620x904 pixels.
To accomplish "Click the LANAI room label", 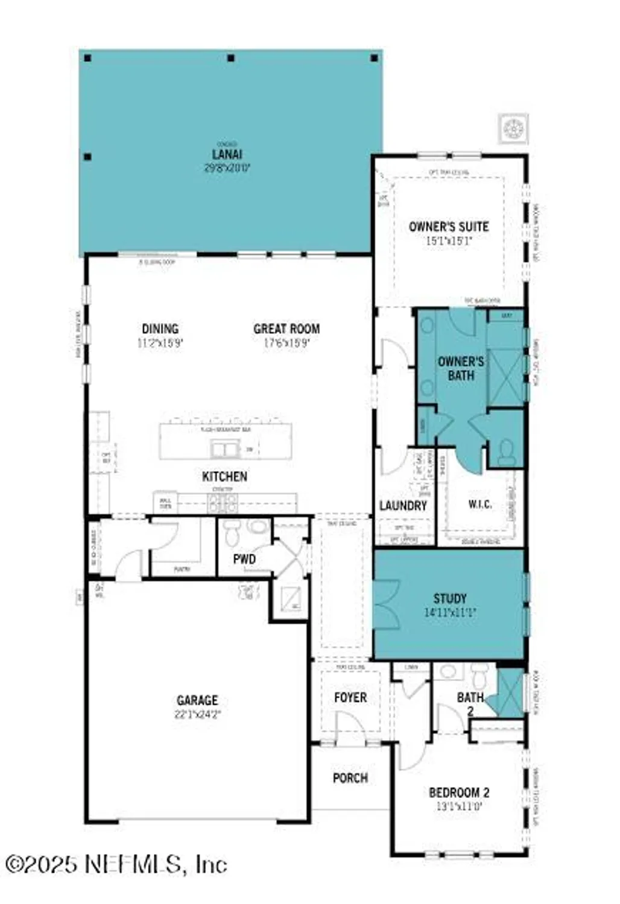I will (x=227, y=154).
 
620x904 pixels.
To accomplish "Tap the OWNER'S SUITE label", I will (x=449, y=227).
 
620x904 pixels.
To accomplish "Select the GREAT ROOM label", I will (x=286, y=328).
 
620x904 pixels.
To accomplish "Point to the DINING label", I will (x=160, y=328).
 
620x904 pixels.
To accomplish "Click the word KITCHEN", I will (x=224, y=476).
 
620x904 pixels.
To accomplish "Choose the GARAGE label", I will (x=197, y=700).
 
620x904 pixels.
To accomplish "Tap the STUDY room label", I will (x=450, y=598).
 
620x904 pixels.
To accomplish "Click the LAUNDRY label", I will (x=403, y=506).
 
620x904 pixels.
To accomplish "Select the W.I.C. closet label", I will (x=479, y=504).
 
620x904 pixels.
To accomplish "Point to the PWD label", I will (x=244, y=559).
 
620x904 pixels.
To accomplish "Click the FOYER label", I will (x=350, y=697).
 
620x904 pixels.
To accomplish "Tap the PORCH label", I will (x=350, y=778).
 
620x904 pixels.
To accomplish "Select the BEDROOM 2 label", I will (x=459, y=793).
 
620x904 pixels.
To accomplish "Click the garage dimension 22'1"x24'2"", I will (x=197, y=715).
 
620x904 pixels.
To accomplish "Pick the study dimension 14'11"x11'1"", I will (x=450, y=612).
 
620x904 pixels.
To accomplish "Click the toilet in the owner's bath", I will (x=507, y=451).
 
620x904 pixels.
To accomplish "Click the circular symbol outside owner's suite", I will (x=514, y=128).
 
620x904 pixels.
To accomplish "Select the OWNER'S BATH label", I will (x=461, y=368).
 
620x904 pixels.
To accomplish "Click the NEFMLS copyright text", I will (x=116, y=865).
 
